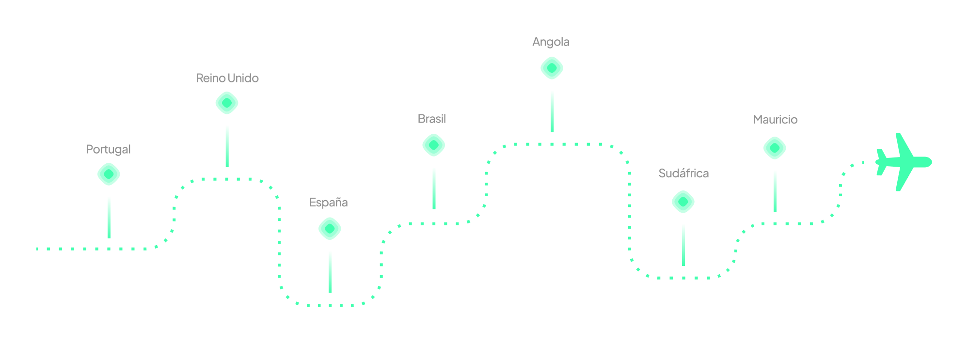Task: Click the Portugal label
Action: [108, 149]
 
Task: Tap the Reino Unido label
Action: [227, 78]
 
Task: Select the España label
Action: [328, 203]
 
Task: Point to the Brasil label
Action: [431, 119]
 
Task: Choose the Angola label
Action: [551, 42]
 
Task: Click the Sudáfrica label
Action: [683, 173]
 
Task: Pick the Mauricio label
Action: [775, 120]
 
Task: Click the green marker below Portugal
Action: [109, 174]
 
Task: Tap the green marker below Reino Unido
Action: [227, 103]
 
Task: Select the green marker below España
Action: [330, 229]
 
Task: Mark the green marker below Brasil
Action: [434, 145]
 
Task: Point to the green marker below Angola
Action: [552, 68]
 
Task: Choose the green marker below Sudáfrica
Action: [683, 202]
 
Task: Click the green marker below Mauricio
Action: [775, 148]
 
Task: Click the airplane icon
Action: [903, 162]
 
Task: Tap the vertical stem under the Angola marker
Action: [552, 111]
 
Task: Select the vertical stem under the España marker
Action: [330, 271]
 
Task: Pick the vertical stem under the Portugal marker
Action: [109, 217]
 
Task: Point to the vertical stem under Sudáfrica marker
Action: [683, 244]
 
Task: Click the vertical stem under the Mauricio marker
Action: [775, 190]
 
